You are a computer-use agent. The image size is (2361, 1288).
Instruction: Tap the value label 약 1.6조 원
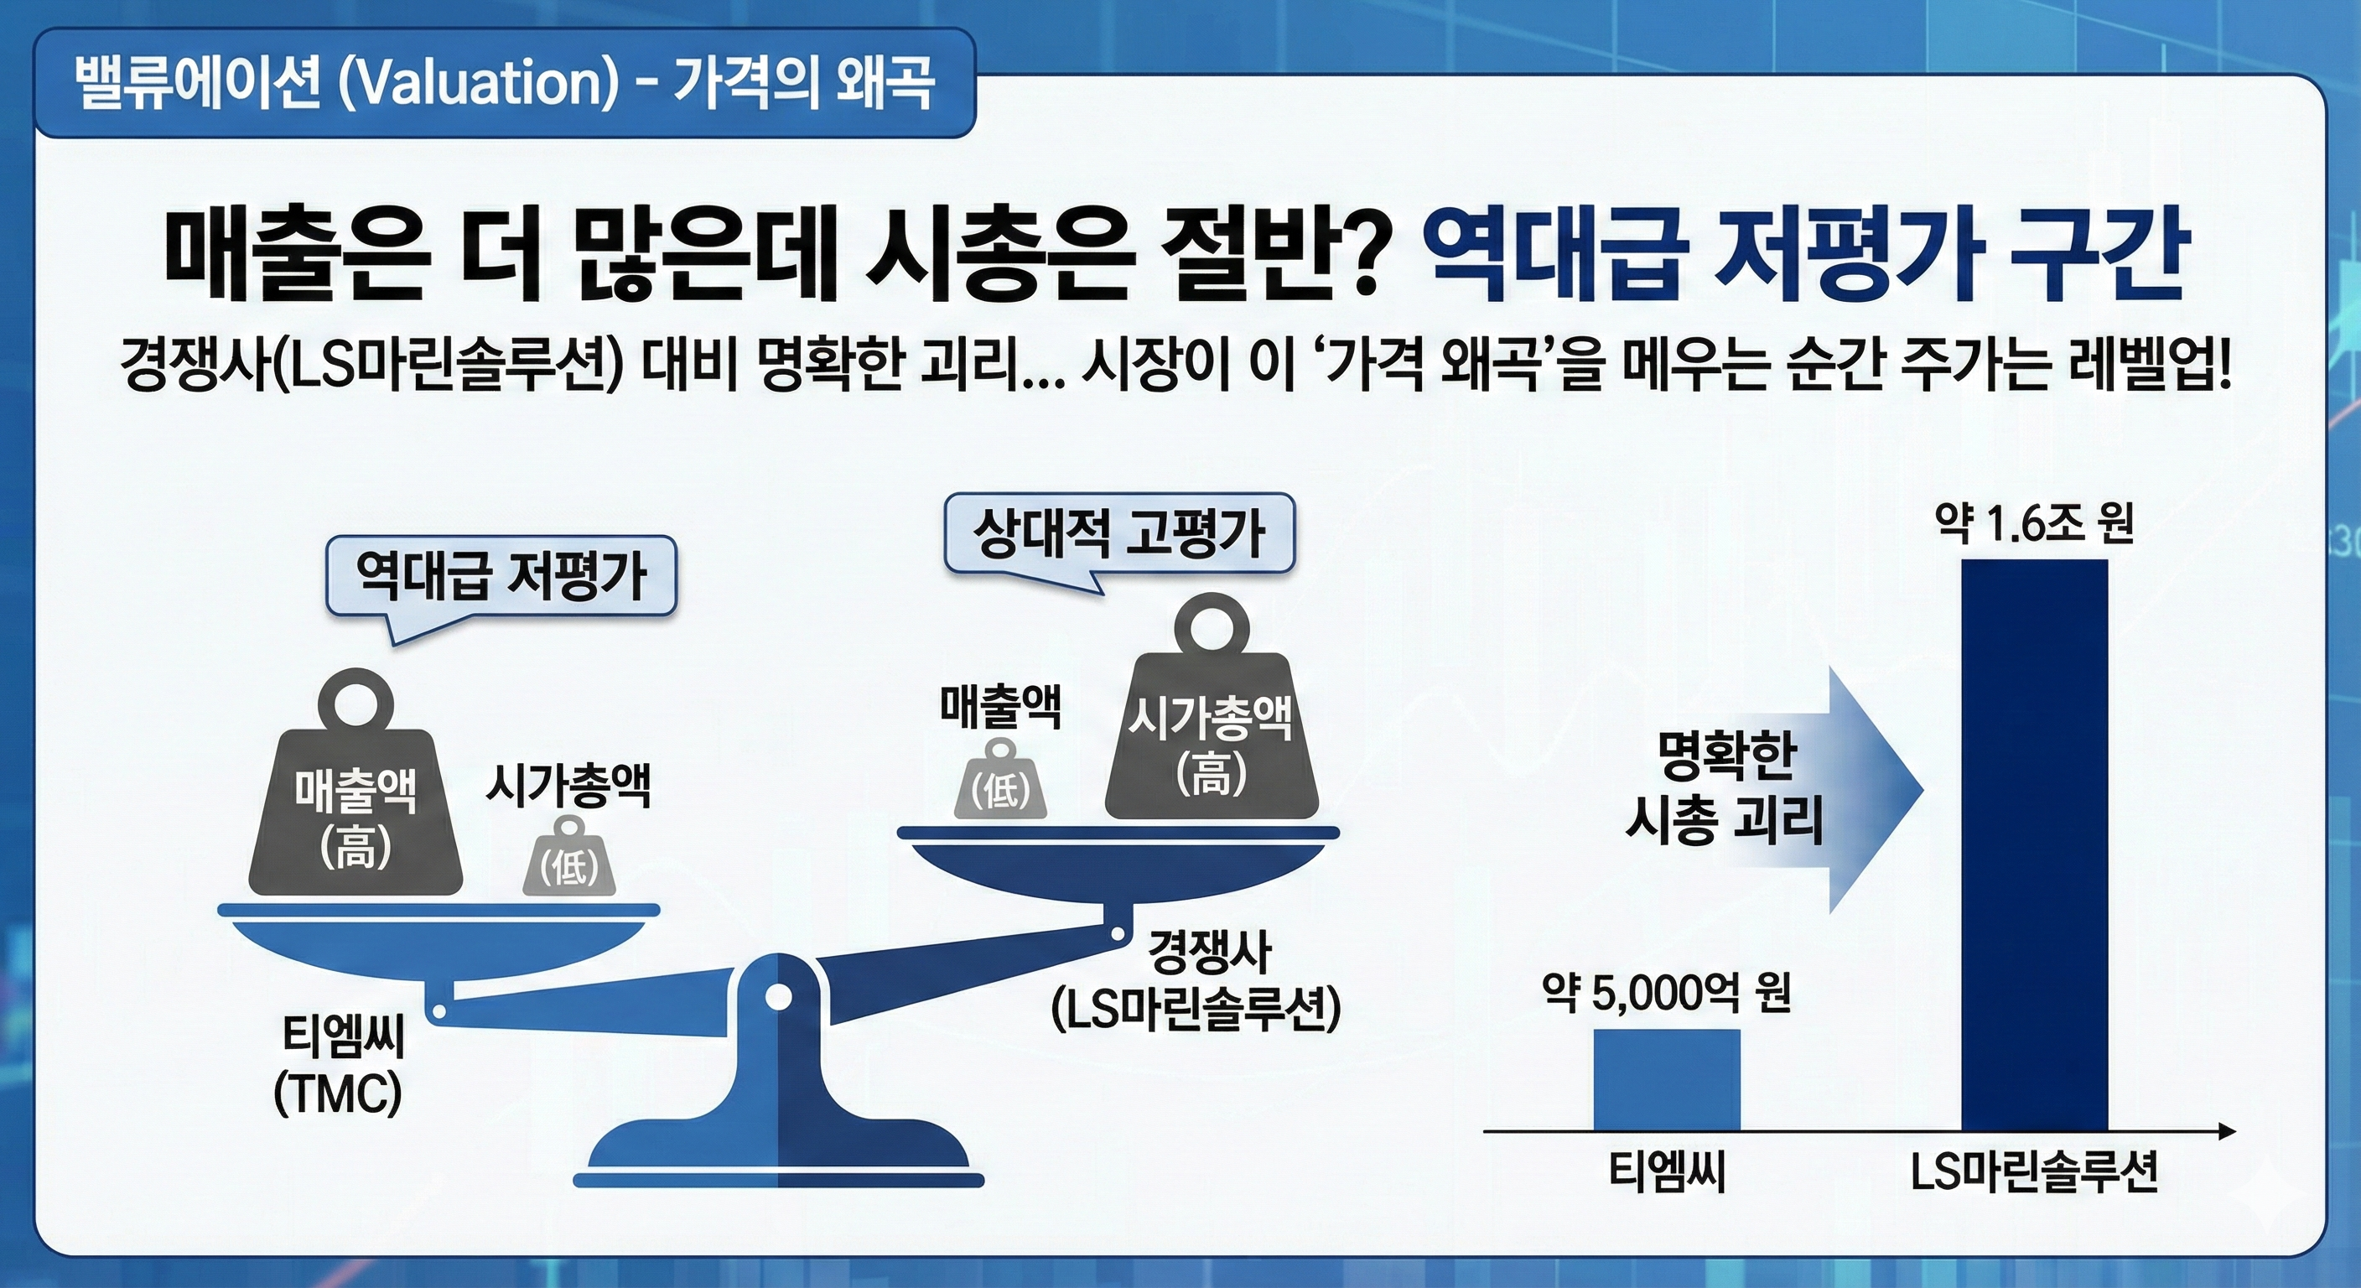pos(2034,524)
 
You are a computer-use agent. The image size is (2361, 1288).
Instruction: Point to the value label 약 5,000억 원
pos(1665,993)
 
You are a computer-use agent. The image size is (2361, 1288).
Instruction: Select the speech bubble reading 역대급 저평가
pos(501,577)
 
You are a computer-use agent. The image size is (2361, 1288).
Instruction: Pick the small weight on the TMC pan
pos(569,859)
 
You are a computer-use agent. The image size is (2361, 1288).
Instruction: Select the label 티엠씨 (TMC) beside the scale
pos(339,1066)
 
